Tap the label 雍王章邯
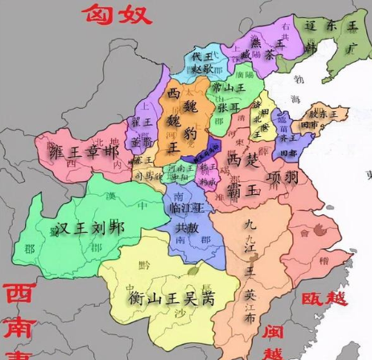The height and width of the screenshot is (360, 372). click(89, 151)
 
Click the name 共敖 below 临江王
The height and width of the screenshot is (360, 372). click(187, 228)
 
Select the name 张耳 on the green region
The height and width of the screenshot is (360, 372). click(227, 106)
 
